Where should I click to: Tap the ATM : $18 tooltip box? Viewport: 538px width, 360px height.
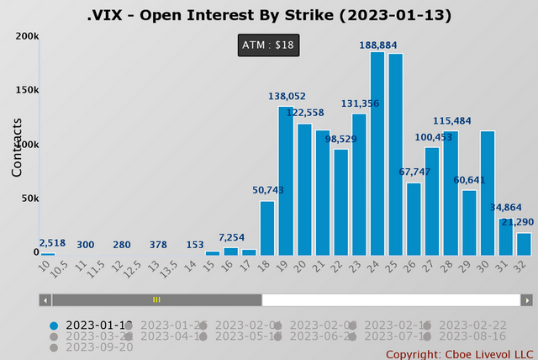[268, 45]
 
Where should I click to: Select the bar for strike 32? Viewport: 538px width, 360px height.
[524, 244]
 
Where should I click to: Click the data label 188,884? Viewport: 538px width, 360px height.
[377, 44]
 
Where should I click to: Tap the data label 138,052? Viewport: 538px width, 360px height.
[287, 98]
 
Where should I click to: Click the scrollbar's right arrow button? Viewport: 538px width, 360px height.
[527, 299]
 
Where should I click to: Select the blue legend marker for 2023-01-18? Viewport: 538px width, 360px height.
[55, 326]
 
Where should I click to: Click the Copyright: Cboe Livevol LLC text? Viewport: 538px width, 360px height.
[460, 354]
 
